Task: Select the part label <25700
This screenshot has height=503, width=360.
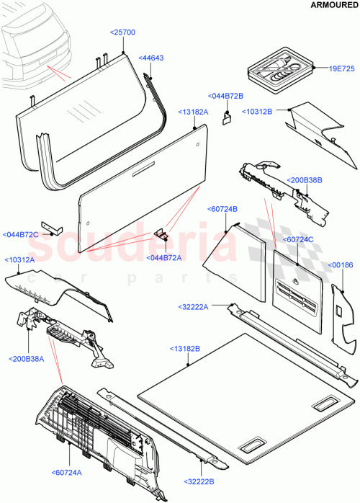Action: (x=123, y=32)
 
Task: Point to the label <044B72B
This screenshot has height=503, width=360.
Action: (x=224, y=95)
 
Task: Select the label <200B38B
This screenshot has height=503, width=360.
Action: (x=305, y=180)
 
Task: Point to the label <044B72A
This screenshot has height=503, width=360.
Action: (x=165, y=257)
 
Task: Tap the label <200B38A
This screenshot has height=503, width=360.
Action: (x=28, y=358)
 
